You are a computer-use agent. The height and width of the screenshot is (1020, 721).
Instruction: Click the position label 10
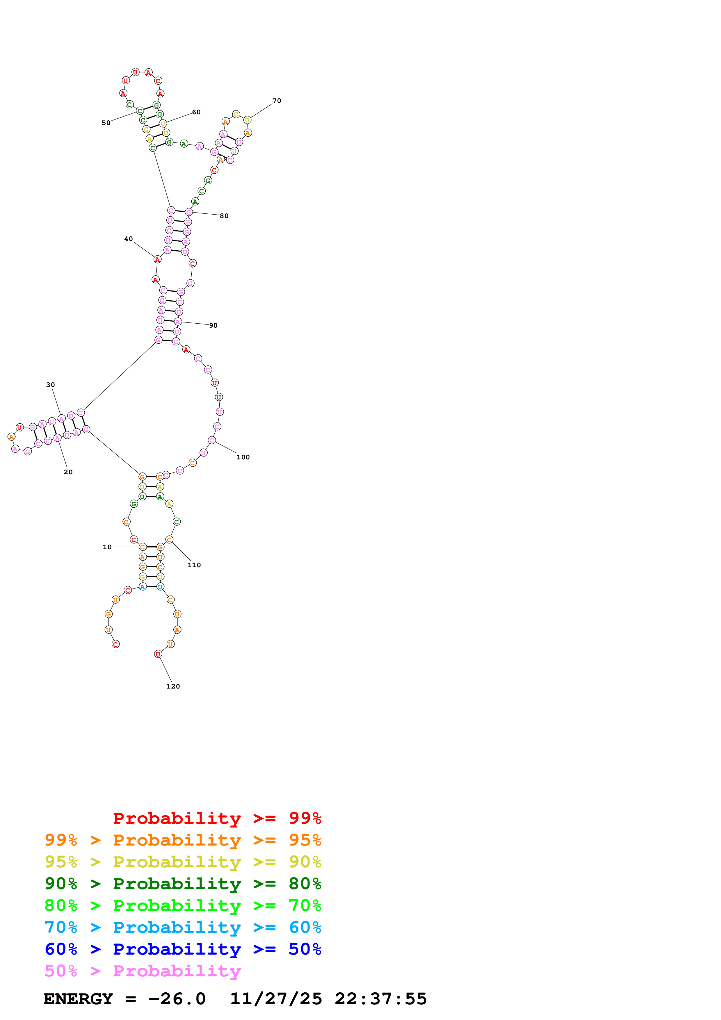107,547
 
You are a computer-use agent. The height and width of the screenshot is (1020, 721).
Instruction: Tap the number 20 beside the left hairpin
68,472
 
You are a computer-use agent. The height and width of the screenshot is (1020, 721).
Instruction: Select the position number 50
106,123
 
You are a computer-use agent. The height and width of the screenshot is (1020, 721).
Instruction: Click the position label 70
277,101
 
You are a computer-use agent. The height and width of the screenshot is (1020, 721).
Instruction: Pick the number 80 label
224,216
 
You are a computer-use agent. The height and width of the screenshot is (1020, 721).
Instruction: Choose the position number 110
194,565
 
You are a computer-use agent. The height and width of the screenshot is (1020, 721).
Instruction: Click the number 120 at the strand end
173,686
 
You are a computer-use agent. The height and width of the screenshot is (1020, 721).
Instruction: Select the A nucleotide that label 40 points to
157,259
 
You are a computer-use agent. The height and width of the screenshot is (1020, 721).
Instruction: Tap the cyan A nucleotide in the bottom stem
143,587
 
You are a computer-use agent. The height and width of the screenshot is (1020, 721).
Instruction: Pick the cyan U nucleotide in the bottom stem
160,587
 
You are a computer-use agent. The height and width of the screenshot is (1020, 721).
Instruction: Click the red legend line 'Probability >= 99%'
217,818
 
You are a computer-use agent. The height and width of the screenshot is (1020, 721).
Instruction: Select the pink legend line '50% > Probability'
142,971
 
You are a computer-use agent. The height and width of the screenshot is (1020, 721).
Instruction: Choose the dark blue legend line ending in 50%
183,949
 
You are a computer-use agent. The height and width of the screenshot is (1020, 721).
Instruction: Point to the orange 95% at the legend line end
305,840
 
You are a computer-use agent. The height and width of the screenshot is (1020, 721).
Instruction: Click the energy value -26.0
177,999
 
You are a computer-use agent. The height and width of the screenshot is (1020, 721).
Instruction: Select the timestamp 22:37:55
381,999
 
